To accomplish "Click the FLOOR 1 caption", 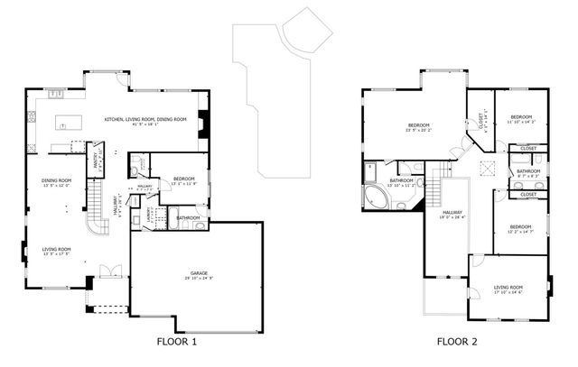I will tap(176, 342).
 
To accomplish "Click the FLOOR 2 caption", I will tap(457, 342).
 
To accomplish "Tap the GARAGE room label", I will tap(200, 273).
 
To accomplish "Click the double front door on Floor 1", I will tap(109, 271).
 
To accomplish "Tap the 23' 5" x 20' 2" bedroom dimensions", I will tap(418, 130).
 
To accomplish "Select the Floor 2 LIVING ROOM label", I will tap(508, 288).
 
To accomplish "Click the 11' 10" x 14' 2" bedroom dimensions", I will tap(522, 121).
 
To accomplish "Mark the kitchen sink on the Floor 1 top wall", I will tap(54, 92).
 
